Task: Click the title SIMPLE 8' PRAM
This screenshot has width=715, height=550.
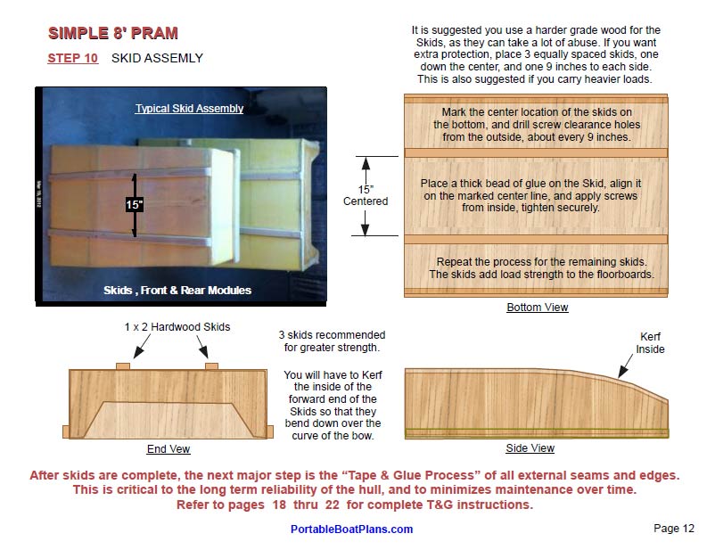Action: tap(112, 34)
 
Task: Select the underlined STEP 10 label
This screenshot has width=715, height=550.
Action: tap(73, 59)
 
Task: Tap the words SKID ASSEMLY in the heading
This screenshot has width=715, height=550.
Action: tap(157, 59)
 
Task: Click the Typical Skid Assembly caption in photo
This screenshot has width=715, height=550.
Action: tap(189, 109)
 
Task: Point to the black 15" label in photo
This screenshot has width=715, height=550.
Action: tap(135, 205)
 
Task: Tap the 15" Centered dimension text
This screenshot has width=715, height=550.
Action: tap(366, 195)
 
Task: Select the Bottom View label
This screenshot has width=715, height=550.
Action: tap(537, 308)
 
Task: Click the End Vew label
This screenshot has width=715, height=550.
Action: tap(168, 449)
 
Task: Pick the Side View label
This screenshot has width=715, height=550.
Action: tap(530, 448)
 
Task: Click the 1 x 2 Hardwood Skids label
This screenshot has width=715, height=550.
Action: tap(177, 327)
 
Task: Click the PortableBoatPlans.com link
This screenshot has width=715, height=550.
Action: tap(351, 529)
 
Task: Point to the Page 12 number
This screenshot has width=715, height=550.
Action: tap(673, 528)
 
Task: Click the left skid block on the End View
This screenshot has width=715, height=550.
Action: tap(123, 365)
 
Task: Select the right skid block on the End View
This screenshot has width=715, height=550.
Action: tap(211, 365)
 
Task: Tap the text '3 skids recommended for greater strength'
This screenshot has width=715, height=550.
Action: tap(332, 341)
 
